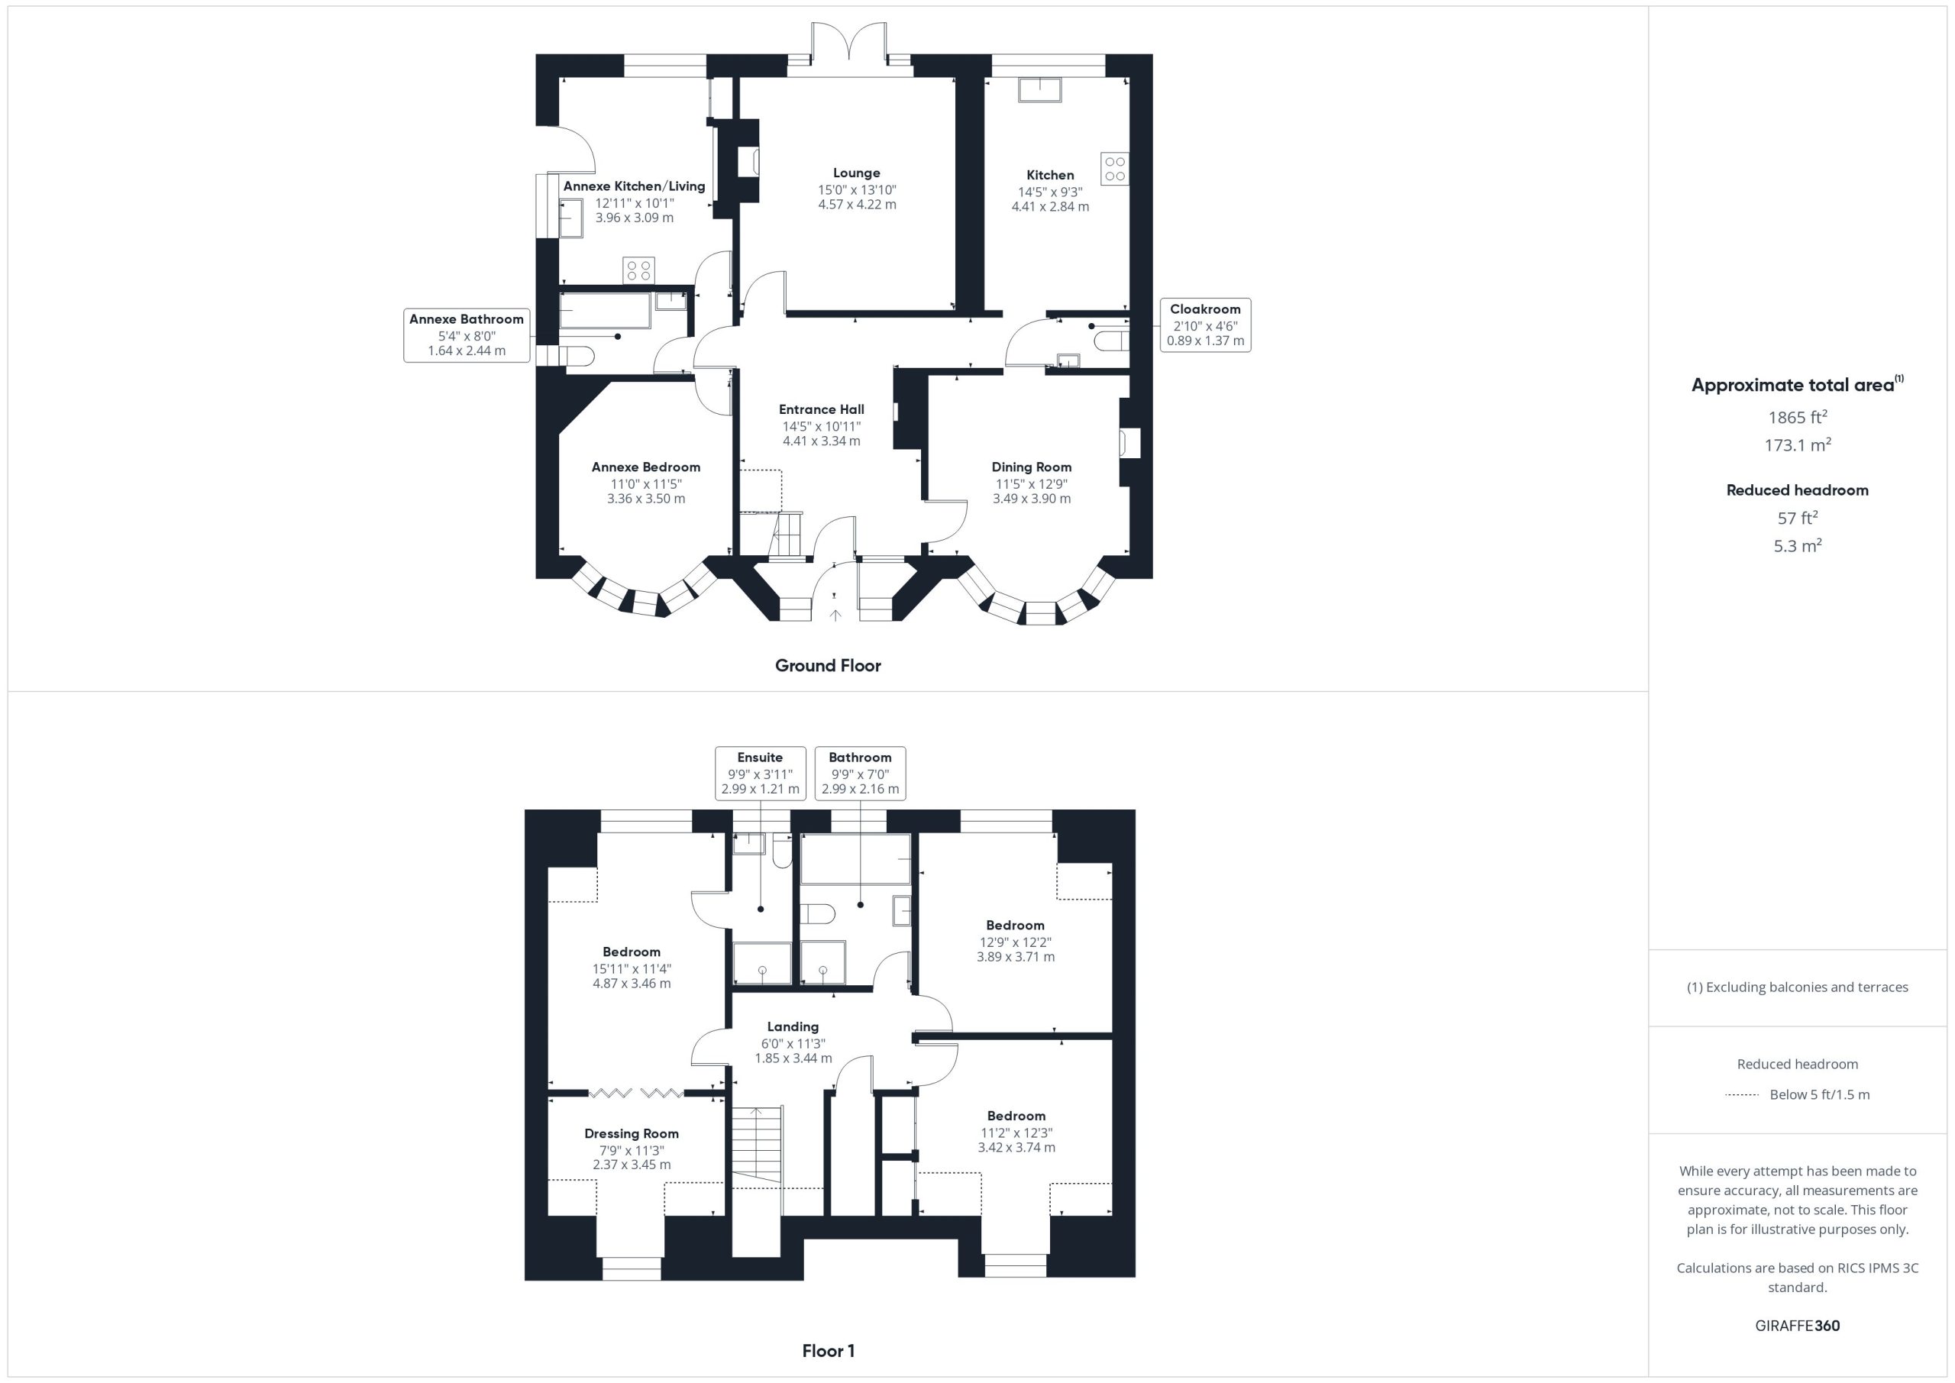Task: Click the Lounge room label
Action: pos(857,173)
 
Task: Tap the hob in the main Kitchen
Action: pos(1115,169)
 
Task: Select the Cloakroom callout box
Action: pos(1205,325)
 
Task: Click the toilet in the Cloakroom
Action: pos(1112,341)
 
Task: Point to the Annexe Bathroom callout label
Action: pos(467,319)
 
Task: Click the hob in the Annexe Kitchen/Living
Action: pos(638,271)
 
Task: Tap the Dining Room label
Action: pos(1031,467)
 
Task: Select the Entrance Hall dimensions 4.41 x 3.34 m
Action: pos(822,441)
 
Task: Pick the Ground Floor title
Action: pos(828,666)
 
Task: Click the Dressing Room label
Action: pos(631,1133)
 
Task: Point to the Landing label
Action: pos(793,1027)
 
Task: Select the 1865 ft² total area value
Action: pos(1798,417)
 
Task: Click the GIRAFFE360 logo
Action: pos(1798,1326)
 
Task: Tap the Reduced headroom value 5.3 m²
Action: pos(1798,546)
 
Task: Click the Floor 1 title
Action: pos(828,1351)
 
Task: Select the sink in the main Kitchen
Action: pos(1039,89)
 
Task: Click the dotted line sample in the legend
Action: pos(1742,1095)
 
